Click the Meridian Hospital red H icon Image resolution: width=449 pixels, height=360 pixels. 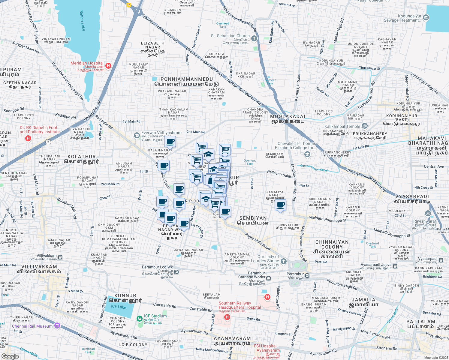(x=109, y=65)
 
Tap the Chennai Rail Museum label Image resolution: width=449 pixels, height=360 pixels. (x=32, y=326)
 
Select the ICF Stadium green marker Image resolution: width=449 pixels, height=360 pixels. (x=140, y=318)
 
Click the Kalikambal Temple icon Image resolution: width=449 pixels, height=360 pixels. (x=365, y=126)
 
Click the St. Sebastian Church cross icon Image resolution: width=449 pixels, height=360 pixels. (x=254, y=38)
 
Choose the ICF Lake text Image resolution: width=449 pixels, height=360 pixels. (x=119, y=307)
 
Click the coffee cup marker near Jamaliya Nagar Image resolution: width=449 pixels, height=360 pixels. (x=280, y=205)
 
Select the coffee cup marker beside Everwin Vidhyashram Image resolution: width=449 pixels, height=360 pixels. (x=170, y=142)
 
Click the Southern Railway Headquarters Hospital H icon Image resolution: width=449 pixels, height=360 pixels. (x=227, y=317)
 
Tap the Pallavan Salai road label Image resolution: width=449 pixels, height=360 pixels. (x=279, y=174)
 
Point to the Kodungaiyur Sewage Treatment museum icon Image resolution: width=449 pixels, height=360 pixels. (x=426, y=18)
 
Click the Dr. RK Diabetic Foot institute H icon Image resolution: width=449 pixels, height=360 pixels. (x=28, y=138)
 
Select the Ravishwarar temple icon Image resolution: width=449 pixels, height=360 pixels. (x=428, y=213)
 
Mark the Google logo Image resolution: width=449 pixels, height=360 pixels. (x=10, y=356)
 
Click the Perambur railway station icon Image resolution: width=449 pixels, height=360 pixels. (x=307, y=275)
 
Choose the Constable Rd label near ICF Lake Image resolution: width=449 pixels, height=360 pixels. (x=165, y=306)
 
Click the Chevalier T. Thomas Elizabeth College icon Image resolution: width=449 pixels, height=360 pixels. (x=307, y=154)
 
